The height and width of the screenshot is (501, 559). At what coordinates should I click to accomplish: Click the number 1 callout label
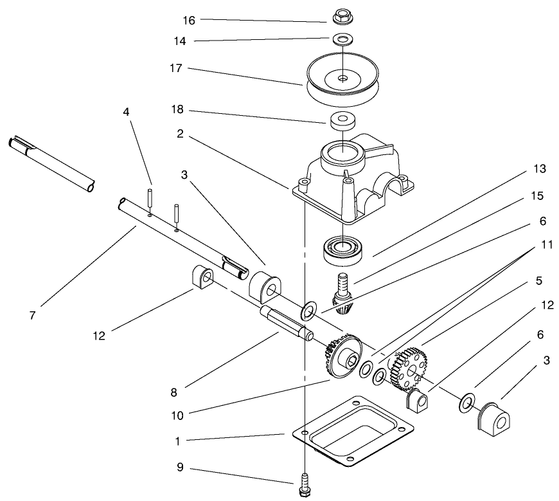(x=179, y=442)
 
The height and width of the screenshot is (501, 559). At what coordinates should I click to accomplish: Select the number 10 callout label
(x=177, y=415)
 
